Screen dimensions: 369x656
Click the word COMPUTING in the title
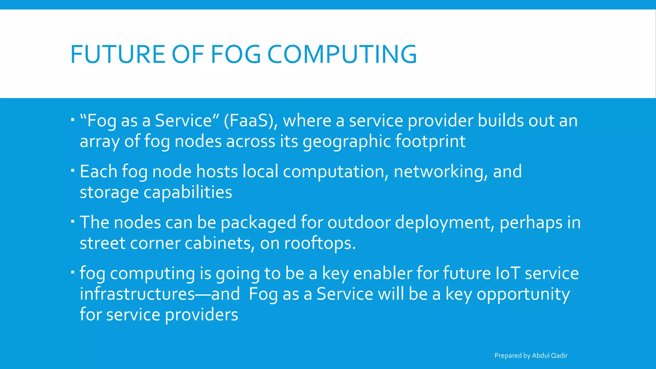342,54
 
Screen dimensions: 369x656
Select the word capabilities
188,192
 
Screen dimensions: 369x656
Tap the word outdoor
359,222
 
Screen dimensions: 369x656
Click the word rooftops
320,243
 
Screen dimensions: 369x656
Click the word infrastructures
137,294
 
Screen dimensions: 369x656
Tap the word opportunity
523,294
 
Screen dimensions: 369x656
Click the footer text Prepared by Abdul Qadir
531,356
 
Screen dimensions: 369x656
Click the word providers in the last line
201,315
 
